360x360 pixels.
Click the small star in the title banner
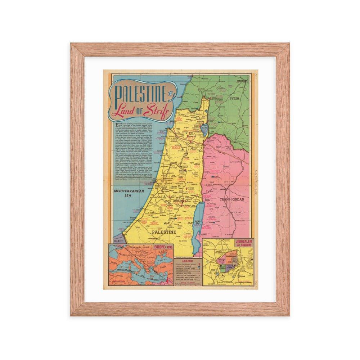[x=171, y=95]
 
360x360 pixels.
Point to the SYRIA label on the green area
[x=234, y=98]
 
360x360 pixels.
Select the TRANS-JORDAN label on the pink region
[x=232, y=199]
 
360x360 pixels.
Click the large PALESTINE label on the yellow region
[x=164, y=232]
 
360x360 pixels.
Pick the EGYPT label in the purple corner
[x=118, y=240]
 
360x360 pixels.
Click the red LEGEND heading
[x=188, y=260]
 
